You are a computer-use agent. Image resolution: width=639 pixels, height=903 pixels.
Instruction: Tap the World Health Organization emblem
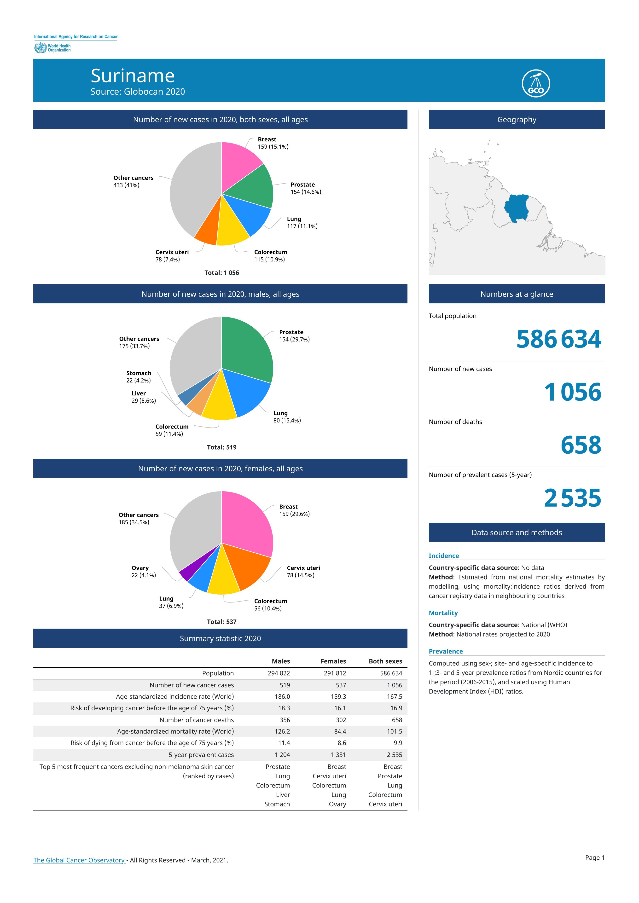tap(40, 48)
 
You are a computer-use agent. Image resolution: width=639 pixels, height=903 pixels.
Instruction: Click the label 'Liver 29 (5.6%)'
tap(144, 397)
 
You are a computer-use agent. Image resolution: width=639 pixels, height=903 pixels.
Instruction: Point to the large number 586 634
tap(559, 339)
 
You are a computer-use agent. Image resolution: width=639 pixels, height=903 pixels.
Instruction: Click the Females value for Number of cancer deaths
tap(341, 720)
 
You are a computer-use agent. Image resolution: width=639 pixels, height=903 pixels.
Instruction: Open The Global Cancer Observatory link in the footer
tap(79, 860)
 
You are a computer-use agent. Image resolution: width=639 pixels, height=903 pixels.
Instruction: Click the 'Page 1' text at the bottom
tap(594, 857)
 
